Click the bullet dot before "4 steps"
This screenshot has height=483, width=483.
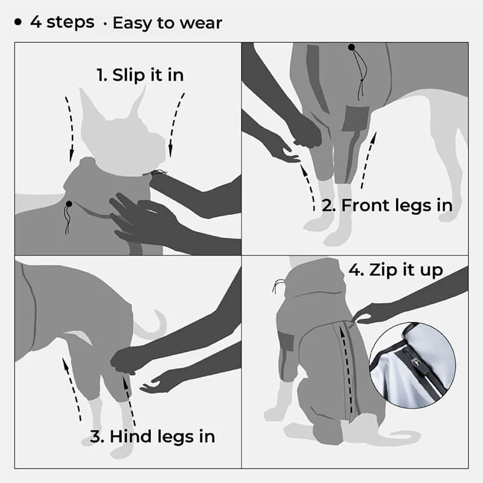19,23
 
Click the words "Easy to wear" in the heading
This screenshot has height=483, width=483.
167,24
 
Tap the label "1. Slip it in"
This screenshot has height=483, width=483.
140,75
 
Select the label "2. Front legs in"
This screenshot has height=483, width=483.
387,205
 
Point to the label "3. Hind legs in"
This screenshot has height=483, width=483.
152,436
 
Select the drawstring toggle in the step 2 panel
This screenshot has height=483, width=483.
351,47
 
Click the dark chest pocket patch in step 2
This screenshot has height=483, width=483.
355,118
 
